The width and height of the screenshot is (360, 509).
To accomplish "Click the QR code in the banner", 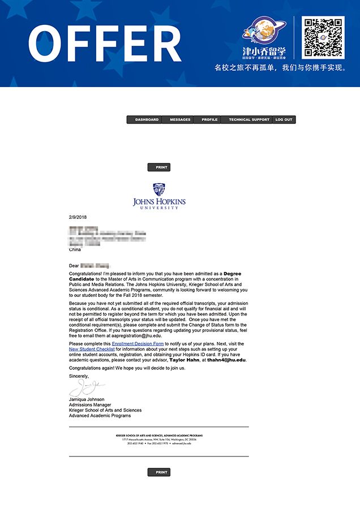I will [323, 37].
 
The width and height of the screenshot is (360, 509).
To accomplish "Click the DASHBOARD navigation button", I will [147, 120].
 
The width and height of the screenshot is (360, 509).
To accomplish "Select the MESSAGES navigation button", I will [180, 120].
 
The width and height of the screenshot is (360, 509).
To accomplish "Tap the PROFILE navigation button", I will [209, 120].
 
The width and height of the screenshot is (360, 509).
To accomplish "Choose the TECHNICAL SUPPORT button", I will [248, 120].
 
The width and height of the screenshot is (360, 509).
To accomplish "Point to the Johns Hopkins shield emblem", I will [159, 190].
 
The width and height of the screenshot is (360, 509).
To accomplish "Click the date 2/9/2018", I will [78, 217].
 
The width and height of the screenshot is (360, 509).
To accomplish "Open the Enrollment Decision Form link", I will [138, 344].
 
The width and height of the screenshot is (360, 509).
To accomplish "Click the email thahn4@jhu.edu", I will [226, 360].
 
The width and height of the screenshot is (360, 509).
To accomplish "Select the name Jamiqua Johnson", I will [87, 399].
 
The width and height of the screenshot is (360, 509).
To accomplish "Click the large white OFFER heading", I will [104, 44].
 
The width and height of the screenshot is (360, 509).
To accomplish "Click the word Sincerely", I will [79, 376].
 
